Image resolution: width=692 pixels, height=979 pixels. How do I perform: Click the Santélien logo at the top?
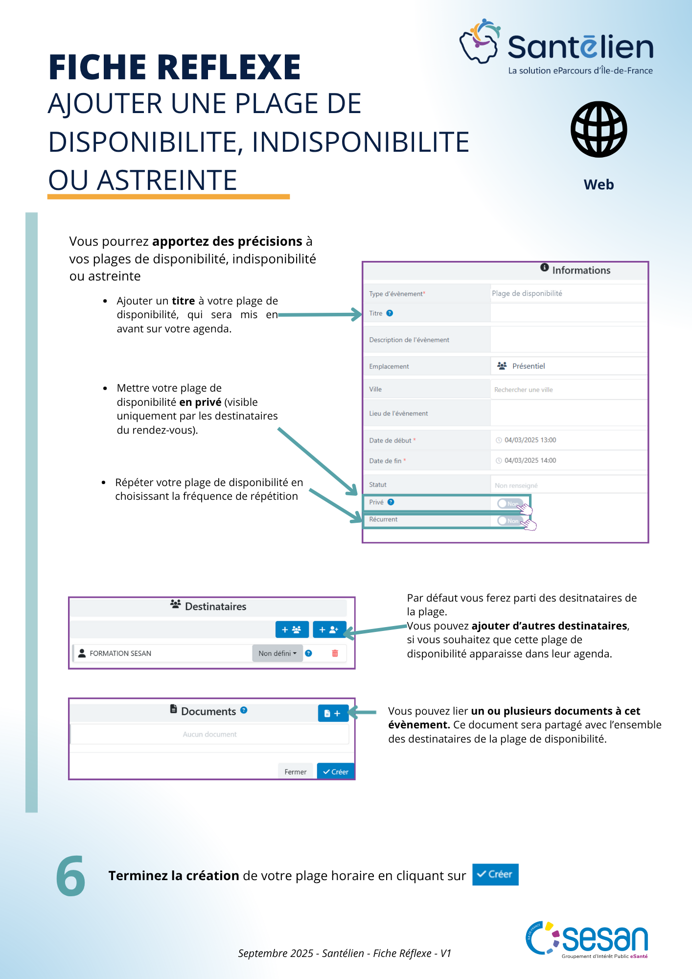pos(556,47)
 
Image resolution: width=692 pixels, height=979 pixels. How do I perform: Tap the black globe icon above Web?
pos(599,129)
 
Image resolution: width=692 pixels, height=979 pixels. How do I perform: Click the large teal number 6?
pos(70,876)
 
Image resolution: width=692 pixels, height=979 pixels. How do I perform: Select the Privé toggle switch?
pos(509,503)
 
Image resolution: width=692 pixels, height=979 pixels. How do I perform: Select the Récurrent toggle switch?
pos(509,520)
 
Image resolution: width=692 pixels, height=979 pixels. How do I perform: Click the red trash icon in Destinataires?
pos(335,653)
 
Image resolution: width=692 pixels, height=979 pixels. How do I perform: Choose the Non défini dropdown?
pos(277,653)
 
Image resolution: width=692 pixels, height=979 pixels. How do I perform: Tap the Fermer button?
pos(295,771)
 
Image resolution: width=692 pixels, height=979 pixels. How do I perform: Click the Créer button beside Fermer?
pos(336,771)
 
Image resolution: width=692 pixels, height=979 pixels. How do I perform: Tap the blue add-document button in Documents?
pos(333,713)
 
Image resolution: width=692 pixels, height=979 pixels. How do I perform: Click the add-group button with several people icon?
pos(292,629)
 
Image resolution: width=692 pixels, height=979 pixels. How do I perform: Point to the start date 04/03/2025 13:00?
pos(530,440)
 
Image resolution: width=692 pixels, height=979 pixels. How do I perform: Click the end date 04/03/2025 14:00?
pos(530,461)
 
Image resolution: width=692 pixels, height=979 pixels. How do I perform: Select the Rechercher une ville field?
pos(524,390)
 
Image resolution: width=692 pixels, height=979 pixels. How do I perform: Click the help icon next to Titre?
pos(390,313)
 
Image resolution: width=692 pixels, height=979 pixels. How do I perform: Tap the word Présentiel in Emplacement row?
pos(529,366)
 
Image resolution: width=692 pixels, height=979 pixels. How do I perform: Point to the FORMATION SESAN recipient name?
pos(120,653)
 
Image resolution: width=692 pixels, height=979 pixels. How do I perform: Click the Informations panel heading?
pos(581,270)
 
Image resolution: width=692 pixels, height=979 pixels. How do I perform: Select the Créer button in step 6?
pos(495,874)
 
